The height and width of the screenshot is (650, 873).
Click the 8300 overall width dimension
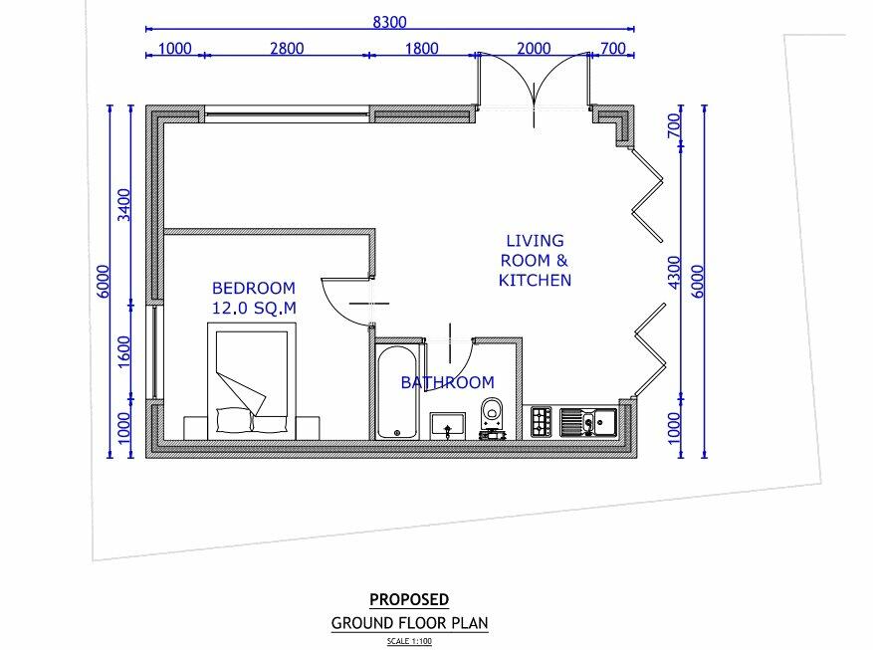tap(390, 22)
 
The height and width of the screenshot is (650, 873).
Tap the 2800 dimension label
tap(288, 49)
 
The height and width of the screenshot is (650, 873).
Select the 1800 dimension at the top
tap(421, 49)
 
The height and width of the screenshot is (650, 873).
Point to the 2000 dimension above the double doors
tap(534, 49)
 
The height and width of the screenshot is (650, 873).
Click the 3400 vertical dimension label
tap(124, 205)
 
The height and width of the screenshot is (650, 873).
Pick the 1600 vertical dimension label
tap(124, 351)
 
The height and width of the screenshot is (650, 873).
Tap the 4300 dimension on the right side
tap(674, 273)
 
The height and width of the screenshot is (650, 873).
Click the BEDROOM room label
tap(254, 289)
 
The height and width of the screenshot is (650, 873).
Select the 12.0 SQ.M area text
tap(254, 308)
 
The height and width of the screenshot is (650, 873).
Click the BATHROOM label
tap(448, 382)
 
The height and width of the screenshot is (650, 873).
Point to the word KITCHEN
tap(535, 280)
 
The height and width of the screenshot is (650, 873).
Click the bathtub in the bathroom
tap(396, 392)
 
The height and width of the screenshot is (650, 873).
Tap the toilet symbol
tap(492, 418)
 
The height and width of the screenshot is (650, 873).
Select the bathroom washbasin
tap(448, 426)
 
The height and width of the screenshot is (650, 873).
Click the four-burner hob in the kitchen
tap(542, 422)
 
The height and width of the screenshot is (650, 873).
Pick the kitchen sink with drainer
tap(588, 422)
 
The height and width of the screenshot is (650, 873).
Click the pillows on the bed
tap(252, 420)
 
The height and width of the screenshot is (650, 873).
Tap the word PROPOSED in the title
tap(409, 600)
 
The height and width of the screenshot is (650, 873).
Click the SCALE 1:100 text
tap(409, 641)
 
